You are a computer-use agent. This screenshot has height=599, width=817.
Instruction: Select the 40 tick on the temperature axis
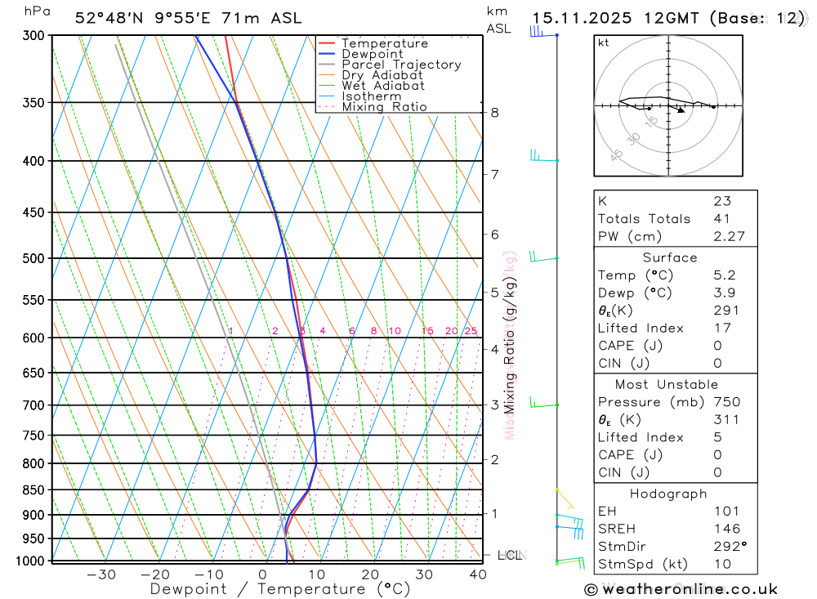[x=478, y=574]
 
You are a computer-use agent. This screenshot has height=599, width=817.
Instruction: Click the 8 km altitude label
[x=495, y=113]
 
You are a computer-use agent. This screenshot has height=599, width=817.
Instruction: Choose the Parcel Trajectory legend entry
[x=401, y=65]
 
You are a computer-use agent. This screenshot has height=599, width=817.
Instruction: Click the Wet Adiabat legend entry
[x=383, y=86]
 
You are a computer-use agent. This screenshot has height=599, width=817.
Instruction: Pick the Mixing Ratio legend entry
[x=384, y=106]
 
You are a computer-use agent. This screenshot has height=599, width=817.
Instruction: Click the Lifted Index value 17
[x=721, y=328]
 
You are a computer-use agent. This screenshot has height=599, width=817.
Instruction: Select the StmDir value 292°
[x=729, y=547]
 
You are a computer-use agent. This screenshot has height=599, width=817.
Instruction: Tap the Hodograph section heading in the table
[x=669, y=494]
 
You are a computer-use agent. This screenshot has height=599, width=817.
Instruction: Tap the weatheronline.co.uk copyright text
[x=681, y=589]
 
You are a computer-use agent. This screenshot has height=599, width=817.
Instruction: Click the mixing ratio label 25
[x=471, y=331]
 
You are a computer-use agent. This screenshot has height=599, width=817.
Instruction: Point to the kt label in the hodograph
[x=604, y=42]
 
